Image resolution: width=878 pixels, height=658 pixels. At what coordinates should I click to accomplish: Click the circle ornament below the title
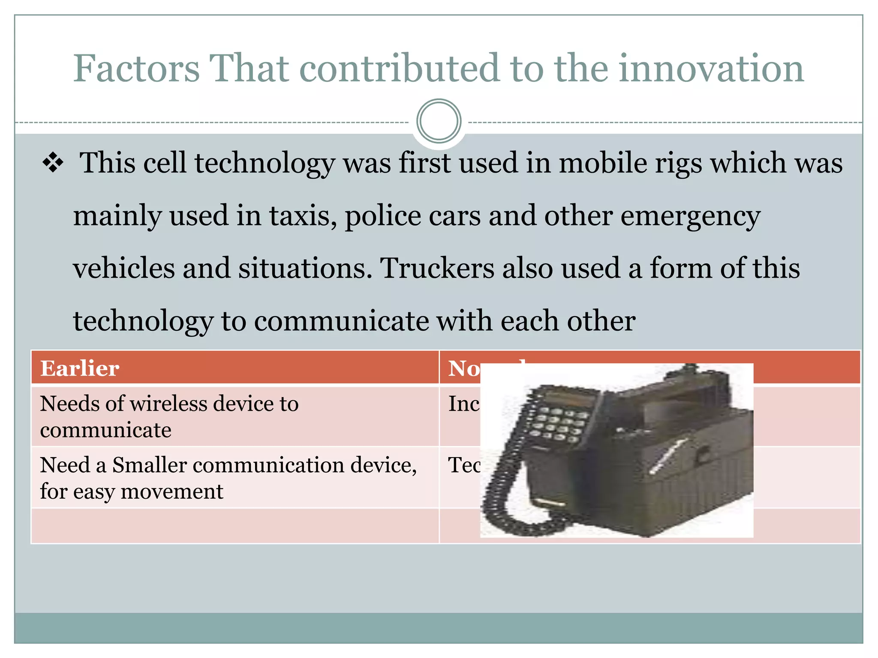pos(439,121)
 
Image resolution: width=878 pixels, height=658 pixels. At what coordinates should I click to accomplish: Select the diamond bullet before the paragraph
pos(53,163)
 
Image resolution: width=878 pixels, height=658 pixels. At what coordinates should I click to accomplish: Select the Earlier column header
pos(80,368)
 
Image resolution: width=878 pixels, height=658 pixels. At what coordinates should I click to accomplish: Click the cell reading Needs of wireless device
pos(169,416)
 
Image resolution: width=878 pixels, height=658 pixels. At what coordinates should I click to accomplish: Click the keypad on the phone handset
pos(557,424)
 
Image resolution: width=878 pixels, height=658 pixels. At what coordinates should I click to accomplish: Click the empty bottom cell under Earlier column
pos(235,526)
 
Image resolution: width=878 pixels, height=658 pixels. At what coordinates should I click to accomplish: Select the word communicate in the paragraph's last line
pos(341,321)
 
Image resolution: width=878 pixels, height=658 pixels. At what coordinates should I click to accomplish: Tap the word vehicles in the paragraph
pos(124,269)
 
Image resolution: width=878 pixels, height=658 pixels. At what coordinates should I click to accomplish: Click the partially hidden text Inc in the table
pos(463,404)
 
